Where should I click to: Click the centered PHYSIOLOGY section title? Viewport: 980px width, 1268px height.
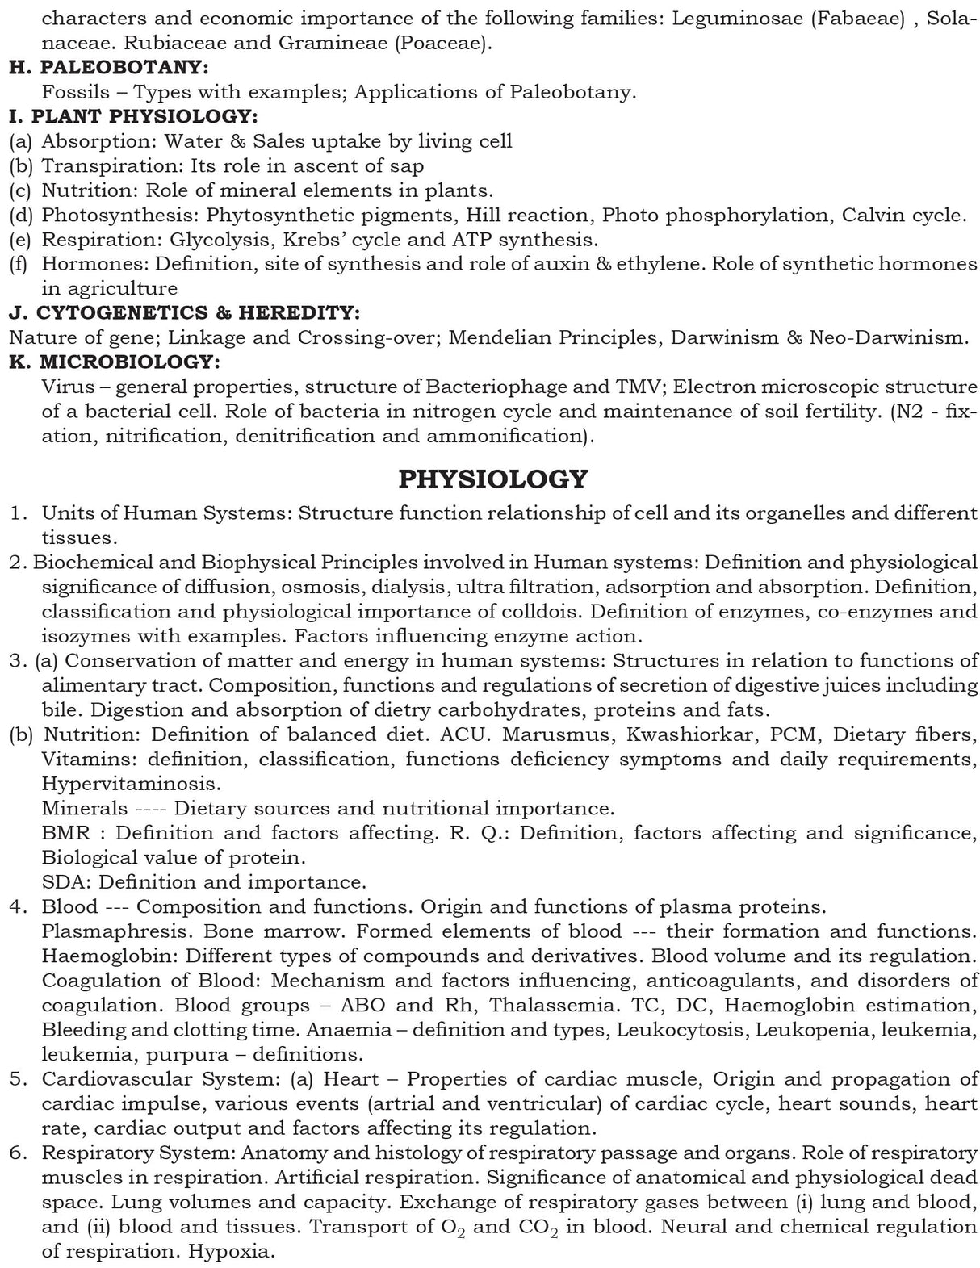click(x=493, y=479)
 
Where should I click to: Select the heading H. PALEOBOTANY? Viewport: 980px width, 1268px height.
click(x=108, y=68)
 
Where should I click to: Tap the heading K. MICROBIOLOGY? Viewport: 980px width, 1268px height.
click(x=114, y=362)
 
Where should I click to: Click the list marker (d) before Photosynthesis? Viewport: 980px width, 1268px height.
click(x=20, y=216)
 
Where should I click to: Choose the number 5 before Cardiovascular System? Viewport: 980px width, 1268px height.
click(x=16, y=1079)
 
